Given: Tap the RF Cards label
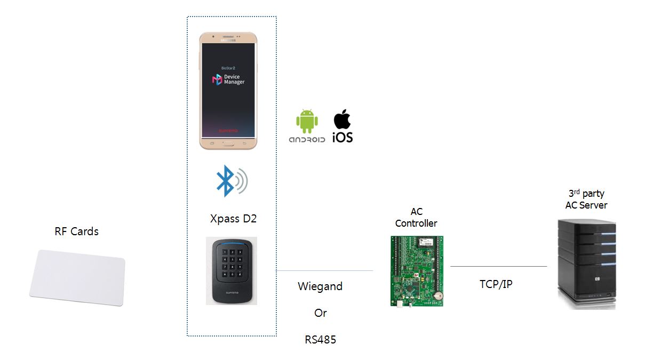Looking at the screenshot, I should [77, 231].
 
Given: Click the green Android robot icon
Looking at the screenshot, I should [307, 122].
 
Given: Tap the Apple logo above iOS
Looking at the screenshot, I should [342, 119].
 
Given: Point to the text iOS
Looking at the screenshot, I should [343, 137].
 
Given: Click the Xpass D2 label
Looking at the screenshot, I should [234, 219].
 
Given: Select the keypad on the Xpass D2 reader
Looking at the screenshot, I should [231, 264].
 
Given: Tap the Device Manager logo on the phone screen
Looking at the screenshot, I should [217, 79].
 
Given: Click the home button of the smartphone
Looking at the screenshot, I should [228, 143].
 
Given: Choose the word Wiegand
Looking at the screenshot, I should [320, 286].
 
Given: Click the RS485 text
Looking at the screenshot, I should [320, 339].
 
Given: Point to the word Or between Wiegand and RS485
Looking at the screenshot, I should [320, 313].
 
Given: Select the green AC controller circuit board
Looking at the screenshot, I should [417, 271].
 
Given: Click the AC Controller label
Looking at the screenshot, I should [416, 218].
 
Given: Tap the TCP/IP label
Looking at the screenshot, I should [496, 284].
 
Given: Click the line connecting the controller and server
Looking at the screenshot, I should [498, 266].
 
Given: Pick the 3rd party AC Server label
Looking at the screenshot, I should [586, 199].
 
